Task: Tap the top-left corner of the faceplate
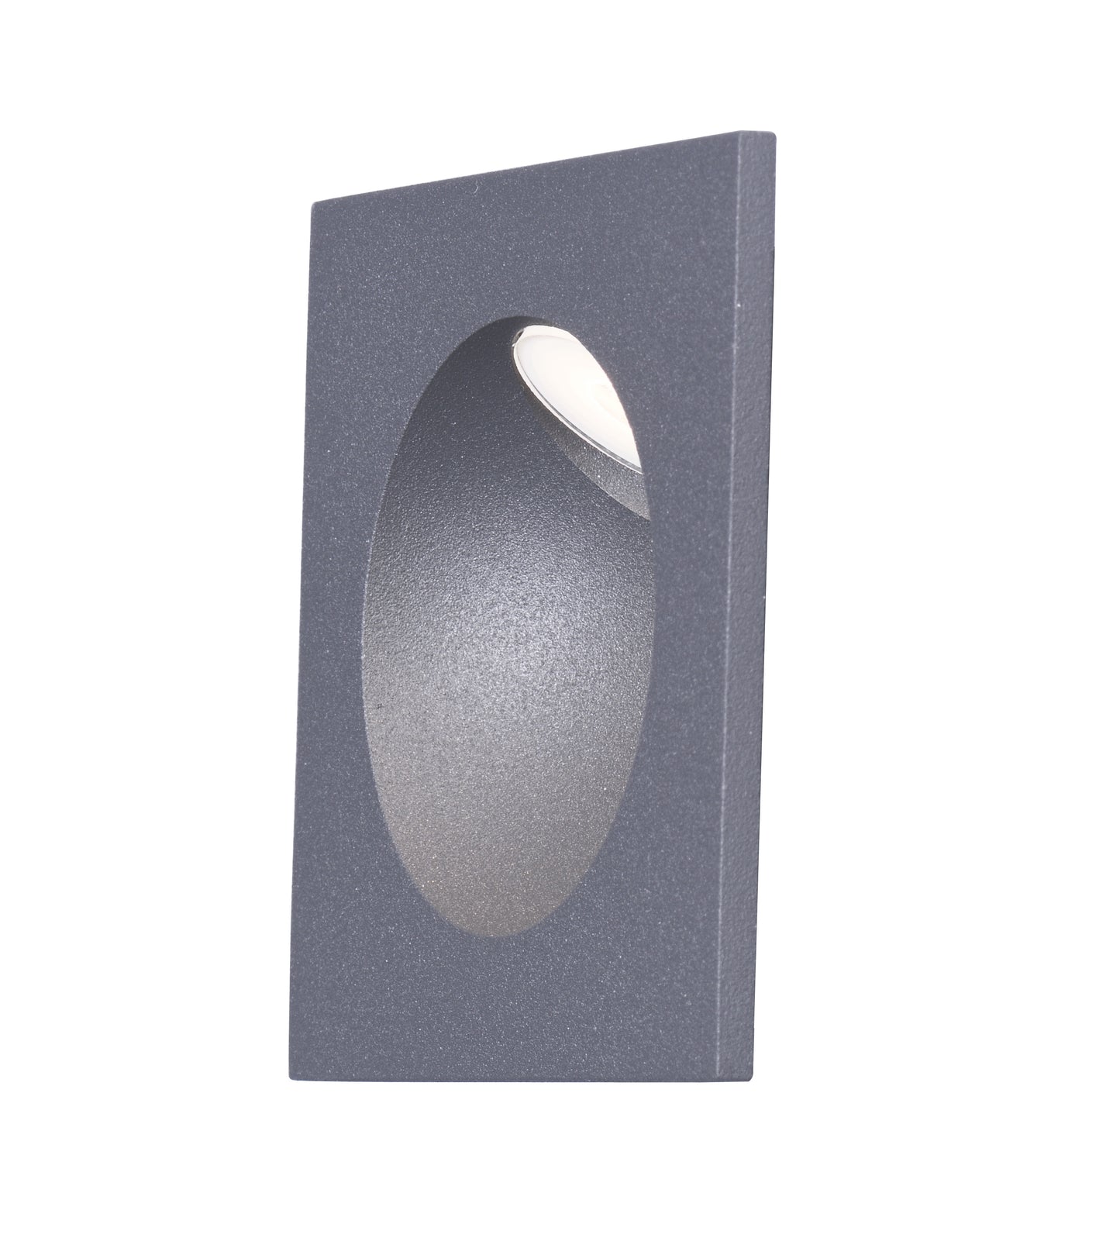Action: click(x=311, y=203)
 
